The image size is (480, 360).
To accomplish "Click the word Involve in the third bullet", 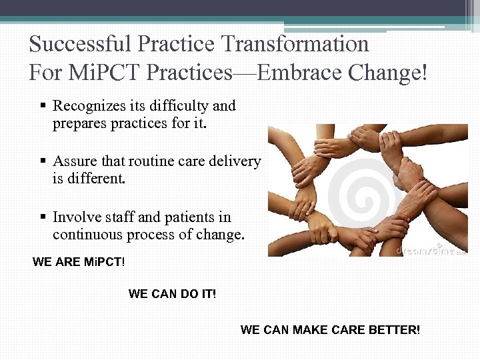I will [x=73, y=217].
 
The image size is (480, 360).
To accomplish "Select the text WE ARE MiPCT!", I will [x=78, y=262].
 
